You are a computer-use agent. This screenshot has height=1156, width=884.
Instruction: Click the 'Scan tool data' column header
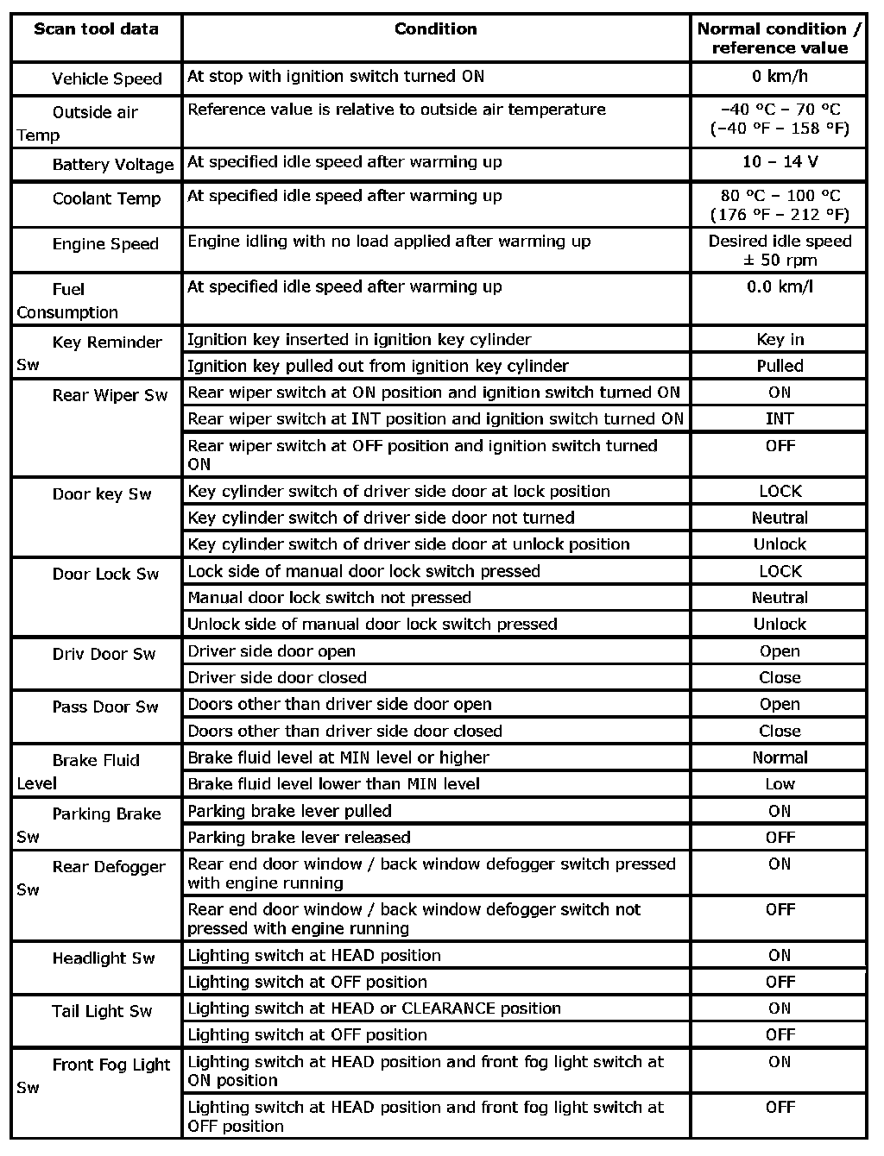click(96, 29)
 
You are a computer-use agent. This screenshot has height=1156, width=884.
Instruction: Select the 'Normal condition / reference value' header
click(779, 39)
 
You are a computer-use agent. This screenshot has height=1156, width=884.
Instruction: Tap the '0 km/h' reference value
click(779, 77)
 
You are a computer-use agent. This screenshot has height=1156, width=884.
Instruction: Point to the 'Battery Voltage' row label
click(112, 165)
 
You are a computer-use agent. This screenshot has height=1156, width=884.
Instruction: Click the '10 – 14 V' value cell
click(779, 162)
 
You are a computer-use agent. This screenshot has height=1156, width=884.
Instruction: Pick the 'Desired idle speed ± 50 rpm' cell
click(779, 251)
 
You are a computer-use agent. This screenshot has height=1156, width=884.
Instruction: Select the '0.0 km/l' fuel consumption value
click(779, 287)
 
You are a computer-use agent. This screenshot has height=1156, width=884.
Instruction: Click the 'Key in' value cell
click(779, 340)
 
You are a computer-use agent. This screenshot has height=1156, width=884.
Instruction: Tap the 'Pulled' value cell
click(779, 367)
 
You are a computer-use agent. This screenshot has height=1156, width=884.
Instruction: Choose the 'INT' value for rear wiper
click(779, 419)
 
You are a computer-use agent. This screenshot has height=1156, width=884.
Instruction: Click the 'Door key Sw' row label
click(102, 494)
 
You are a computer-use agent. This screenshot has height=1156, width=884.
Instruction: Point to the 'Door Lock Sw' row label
click(105, 575)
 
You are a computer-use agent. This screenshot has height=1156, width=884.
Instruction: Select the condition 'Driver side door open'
click(271, 651)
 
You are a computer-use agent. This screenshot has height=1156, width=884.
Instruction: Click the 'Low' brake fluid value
click(779, 784)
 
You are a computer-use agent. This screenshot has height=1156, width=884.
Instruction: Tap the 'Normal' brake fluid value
click(779, 757)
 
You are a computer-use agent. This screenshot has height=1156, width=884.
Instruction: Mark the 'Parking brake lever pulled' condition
click(289, 811)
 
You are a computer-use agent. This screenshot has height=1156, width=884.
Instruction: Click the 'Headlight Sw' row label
click(104, 958)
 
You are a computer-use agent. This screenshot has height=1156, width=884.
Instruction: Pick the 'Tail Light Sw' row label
click(102, 1012)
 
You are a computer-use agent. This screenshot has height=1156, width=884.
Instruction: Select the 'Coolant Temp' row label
click(106, 199)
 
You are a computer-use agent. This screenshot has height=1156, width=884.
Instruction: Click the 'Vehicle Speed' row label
click(106, 79)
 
